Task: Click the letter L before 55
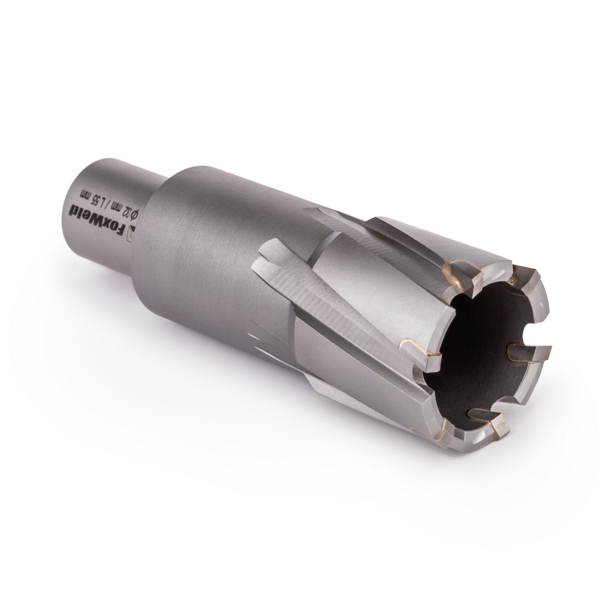click(98, 199)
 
